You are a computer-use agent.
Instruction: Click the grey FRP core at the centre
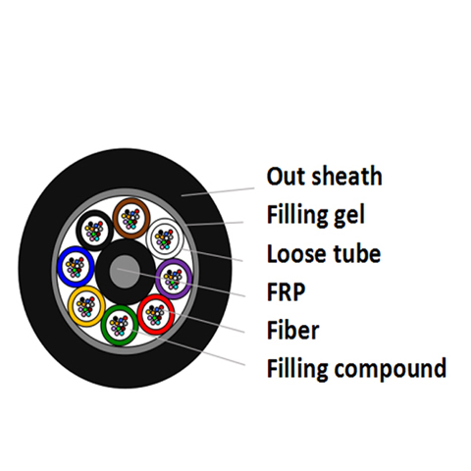point(125,272)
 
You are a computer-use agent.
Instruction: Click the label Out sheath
point(324,177)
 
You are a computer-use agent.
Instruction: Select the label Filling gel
point(316,216)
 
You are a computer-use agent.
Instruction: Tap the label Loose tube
point(324,253)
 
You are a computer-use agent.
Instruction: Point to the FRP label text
point(287,291)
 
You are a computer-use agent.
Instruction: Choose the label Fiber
point(292,330)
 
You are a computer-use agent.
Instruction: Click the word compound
point(391,369)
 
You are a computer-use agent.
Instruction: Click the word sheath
point(346,177)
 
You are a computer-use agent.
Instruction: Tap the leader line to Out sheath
point(218,192)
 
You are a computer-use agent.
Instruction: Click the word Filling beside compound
point(297,369)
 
